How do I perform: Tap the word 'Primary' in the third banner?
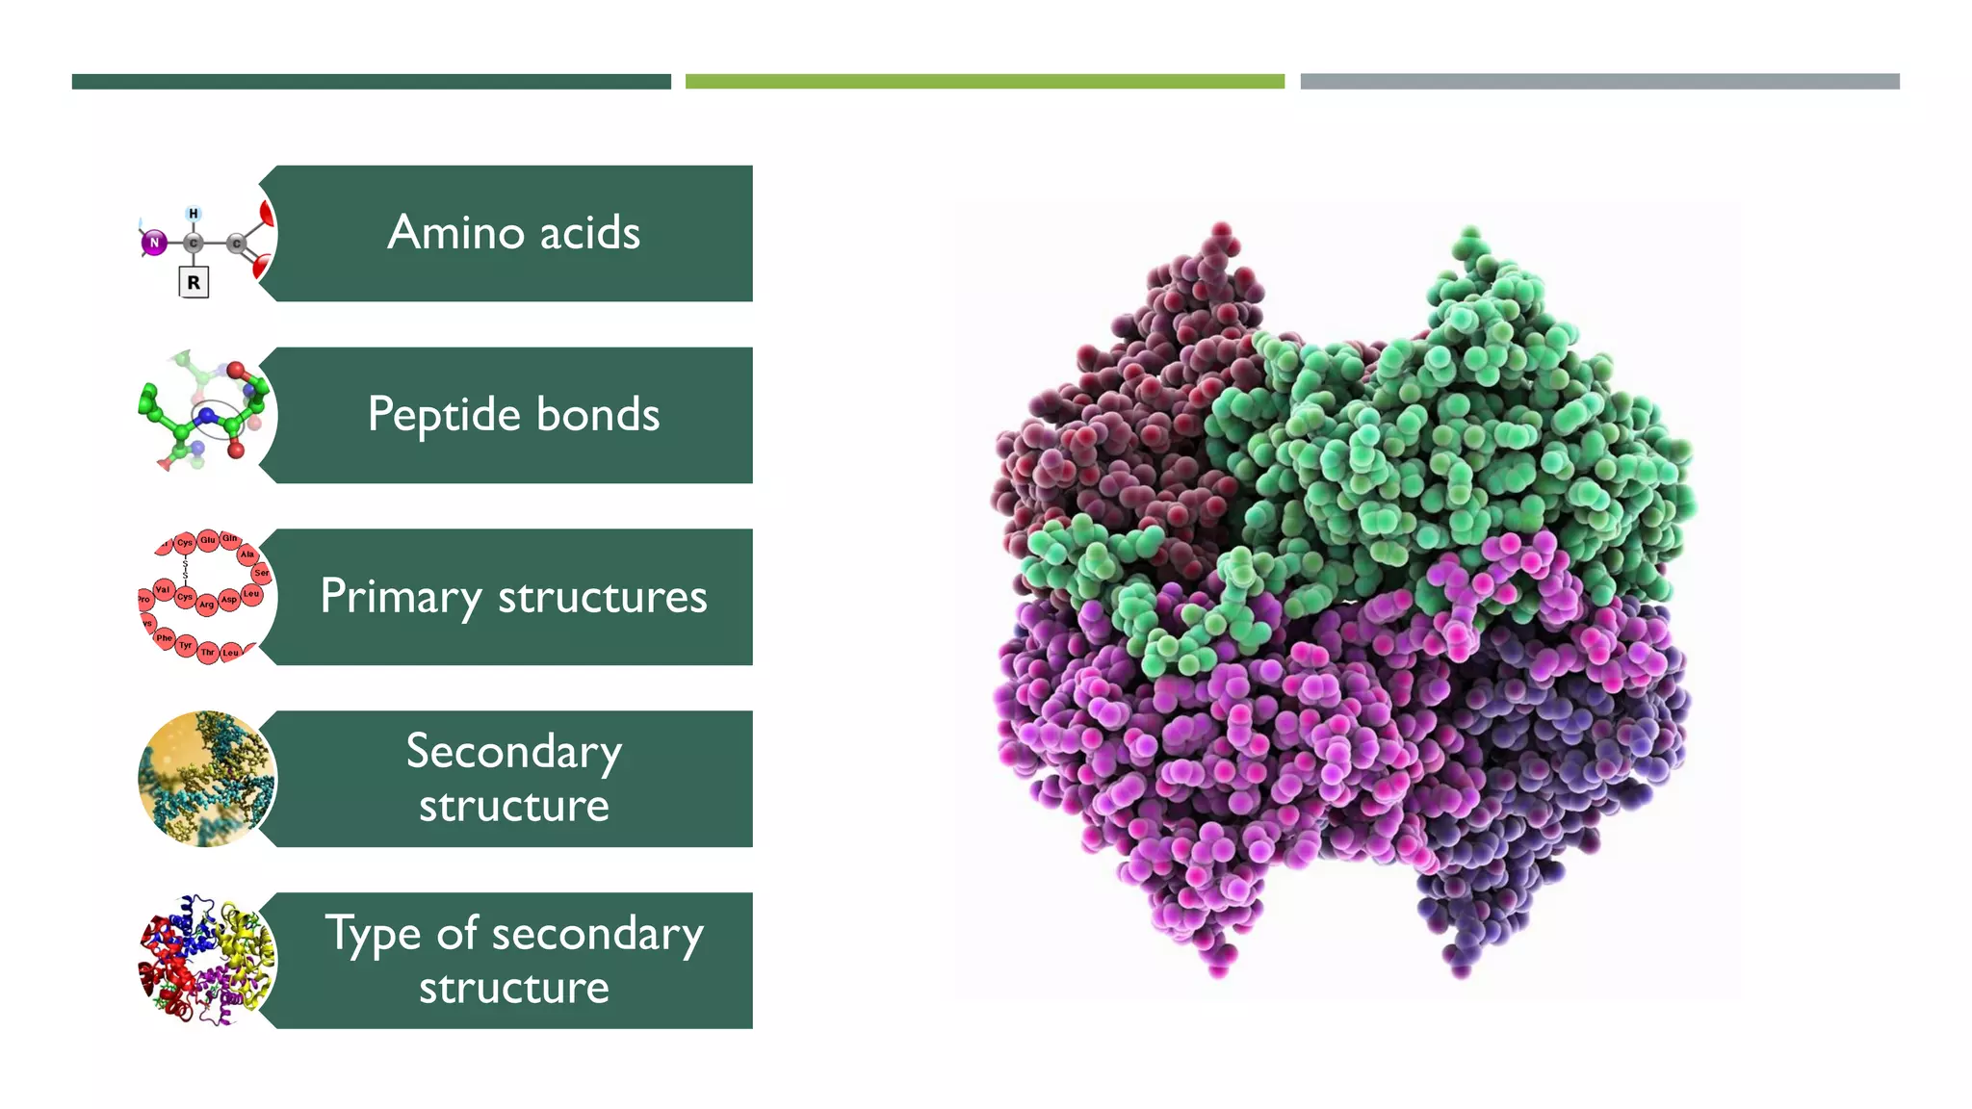[400, 597]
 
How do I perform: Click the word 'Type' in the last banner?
[373, 934]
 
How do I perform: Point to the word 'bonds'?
[597, 415]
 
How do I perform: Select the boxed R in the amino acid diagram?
[194, 283]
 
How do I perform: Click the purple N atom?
[154, 243]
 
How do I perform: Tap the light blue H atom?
[194, 214]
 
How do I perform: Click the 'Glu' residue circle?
[208, 540]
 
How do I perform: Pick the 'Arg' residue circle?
[206, 605]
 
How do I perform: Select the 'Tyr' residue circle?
[186, 645]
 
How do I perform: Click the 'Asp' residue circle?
[228, 600]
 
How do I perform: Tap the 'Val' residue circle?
[163, 589]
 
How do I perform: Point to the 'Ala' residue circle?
[247, 554]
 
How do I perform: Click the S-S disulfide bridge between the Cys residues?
[185, 569]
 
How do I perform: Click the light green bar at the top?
[984, 82]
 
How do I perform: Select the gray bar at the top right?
[1599, 82]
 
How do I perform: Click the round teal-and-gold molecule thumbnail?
[207, 779]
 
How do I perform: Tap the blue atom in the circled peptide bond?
[207, 416]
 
